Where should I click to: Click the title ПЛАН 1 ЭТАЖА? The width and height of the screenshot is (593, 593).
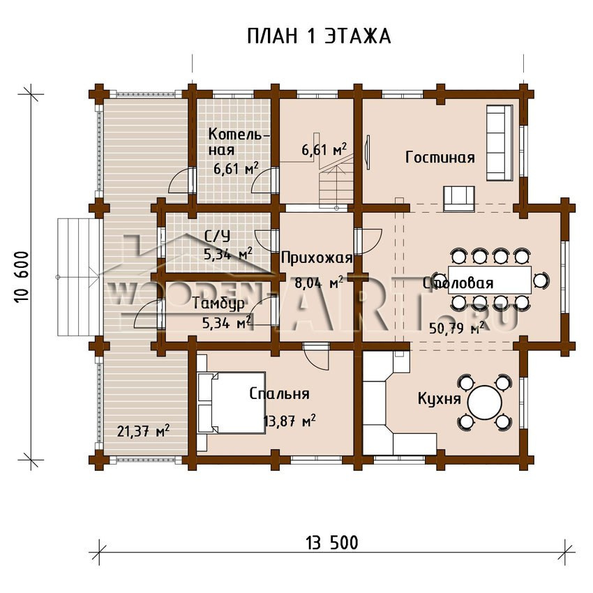pyautogui.click(x=319, y=37)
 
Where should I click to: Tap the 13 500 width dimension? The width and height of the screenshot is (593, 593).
pyautogui.click(x=332, y=543)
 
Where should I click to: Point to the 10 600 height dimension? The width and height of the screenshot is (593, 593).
pyautogui.click(x=22, y=277)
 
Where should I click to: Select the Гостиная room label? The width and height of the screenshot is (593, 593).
pyautogui.click(x=440, y=157)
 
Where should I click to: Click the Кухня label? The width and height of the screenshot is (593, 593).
pyautogui.click(x=439, y=398)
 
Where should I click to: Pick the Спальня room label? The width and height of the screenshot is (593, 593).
pyautogui.click(x=280, y=393)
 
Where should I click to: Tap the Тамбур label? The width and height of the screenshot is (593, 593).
pyautogui.click(x=218, y=303)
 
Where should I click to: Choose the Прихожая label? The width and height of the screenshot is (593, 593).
pyautogui.click(x=317, y=258)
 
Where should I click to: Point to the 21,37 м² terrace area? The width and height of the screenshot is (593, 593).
pyautogui.click(x=143, y=430)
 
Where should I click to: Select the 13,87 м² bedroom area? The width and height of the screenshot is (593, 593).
pyautogui.click(x=290, y=420)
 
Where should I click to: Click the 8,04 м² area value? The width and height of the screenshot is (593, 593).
pyautogui.click(x=318, y=283)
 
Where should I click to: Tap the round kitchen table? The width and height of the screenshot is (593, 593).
pyautogui.click(x=484, y=402)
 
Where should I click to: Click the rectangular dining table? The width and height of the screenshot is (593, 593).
pyautogui.click(x=490, y=280)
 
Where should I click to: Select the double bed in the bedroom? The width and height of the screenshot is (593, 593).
pyautogui.click(x=231, y=403)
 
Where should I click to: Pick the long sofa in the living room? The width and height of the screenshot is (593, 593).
pyautogui.click(x=500, y=142)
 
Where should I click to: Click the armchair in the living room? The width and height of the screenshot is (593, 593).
pyautogui.click(x=459, y=198)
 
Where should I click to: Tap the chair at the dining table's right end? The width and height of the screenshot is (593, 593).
pyautogui.click(x=541, y=280)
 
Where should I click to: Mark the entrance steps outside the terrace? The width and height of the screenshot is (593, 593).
pyautogui.click(x=78, y=277)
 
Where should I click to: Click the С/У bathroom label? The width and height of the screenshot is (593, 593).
pyautogui.click(x=217, y=237)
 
